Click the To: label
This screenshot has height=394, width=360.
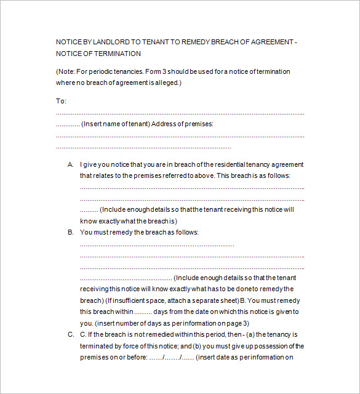tap(61, 101)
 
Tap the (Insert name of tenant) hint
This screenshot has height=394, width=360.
tap(115, 124)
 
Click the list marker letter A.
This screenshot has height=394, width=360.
tap(70, 164)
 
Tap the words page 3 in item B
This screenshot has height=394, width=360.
tap(238, 323)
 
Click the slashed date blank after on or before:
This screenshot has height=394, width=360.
tap(171, 356)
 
